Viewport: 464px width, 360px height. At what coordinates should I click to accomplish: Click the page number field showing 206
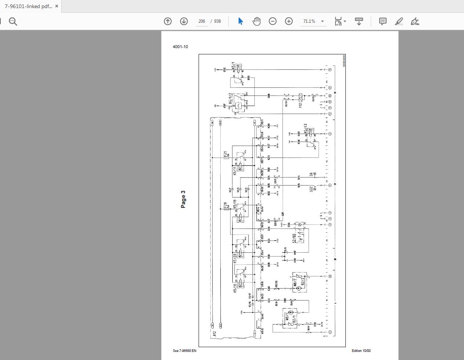202,21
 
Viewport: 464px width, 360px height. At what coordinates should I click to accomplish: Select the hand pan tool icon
257,21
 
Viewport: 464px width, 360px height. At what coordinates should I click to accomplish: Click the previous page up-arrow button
168,21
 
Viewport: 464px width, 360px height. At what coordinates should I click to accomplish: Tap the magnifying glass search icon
13,22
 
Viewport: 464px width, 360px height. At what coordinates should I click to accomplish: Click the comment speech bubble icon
383,21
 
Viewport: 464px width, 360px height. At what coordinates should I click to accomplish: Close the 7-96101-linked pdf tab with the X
57,6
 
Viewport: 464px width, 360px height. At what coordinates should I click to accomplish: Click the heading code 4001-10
180,47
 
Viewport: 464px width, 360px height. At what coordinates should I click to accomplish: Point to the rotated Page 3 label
183,199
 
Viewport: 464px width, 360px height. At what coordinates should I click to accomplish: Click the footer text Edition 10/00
361,350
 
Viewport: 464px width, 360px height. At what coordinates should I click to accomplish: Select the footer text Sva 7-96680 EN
185,350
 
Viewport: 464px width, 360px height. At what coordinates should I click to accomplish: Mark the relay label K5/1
233,66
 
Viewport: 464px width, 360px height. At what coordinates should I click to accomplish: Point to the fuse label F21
225,155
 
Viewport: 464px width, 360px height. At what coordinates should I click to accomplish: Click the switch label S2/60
294,238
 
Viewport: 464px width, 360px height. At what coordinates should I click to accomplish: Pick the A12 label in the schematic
215,334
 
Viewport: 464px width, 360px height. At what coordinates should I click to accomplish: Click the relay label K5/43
306,129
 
